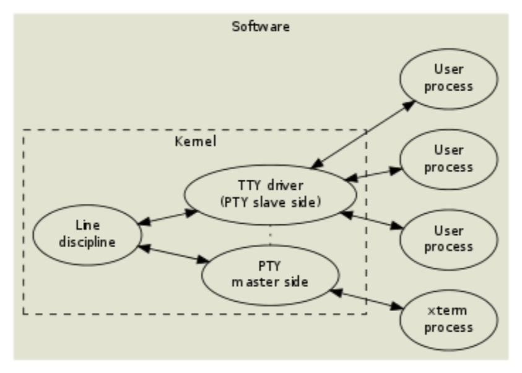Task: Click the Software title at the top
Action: [261, 27]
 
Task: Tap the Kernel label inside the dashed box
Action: [196, 141]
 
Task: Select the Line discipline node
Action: [87, 235]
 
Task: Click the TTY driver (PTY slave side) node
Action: [271, 195]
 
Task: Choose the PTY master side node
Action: [271, 275]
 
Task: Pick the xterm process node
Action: [449, 320]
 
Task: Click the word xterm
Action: [447, 310]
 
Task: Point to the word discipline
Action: [87, 242]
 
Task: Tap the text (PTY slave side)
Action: [271, 203]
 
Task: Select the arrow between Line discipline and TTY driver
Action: [168, 217]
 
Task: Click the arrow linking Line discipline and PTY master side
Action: [173, 254]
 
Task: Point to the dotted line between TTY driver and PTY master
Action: [270, 235]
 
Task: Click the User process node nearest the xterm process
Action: [449, 239]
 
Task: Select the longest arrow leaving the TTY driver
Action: [363, 134]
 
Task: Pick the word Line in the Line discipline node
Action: [87, 226]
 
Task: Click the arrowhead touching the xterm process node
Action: [397, 307]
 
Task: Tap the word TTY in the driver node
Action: [250, 185]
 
